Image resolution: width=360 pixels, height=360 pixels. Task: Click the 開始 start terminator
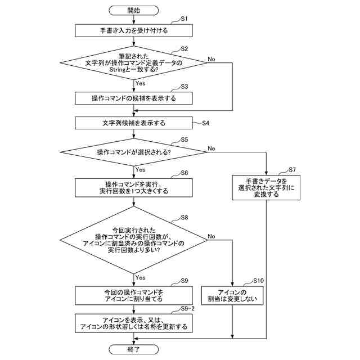pos(134,11)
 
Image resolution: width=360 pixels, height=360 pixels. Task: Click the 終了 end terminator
pos(134,349)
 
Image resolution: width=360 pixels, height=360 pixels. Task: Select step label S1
pos(184,19)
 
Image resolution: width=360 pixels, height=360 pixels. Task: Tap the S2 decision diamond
pos(134,63)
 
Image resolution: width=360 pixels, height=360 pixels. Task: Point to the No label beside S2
pos(211,59)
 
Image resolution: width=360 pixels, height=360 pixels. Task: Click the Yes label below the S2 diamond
pos(140,83)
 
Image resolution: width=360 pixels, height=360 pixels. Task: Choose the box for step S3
pos(134,98)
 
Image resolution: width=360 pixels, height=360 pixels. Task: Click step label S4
pos(205,123)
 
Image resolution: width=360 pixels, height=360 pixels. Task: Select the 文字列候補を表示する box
pos(134,123)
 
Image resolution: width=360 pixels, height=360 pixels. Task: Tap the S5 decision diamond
pos(134,152)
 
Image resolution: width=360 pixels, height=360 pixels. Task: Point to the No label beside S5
pos(211,148)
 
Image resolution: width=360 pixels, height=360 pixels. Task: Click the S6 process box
pos(134,188)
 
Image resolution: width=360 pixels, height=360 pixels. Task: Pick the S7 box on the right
pos(266,188)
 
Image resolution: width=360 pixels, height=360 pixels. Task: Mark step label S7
pos(292,170)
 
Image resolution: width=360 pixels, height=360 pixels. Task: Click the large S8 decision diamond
pos(134,240)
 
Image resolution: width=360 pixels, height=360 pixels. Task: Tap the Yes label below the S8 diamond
pos(140,277)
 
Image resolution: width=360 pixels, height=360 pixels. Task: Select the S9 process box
pos(134,295)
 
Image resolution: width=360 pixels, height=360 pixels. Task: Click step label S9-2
pos(187,309)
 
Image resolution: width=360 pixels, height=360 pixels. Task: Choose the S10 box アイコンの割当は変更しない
pos(232,295)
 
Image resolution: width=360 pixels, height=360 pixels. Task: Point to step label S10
pos(258,281)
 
